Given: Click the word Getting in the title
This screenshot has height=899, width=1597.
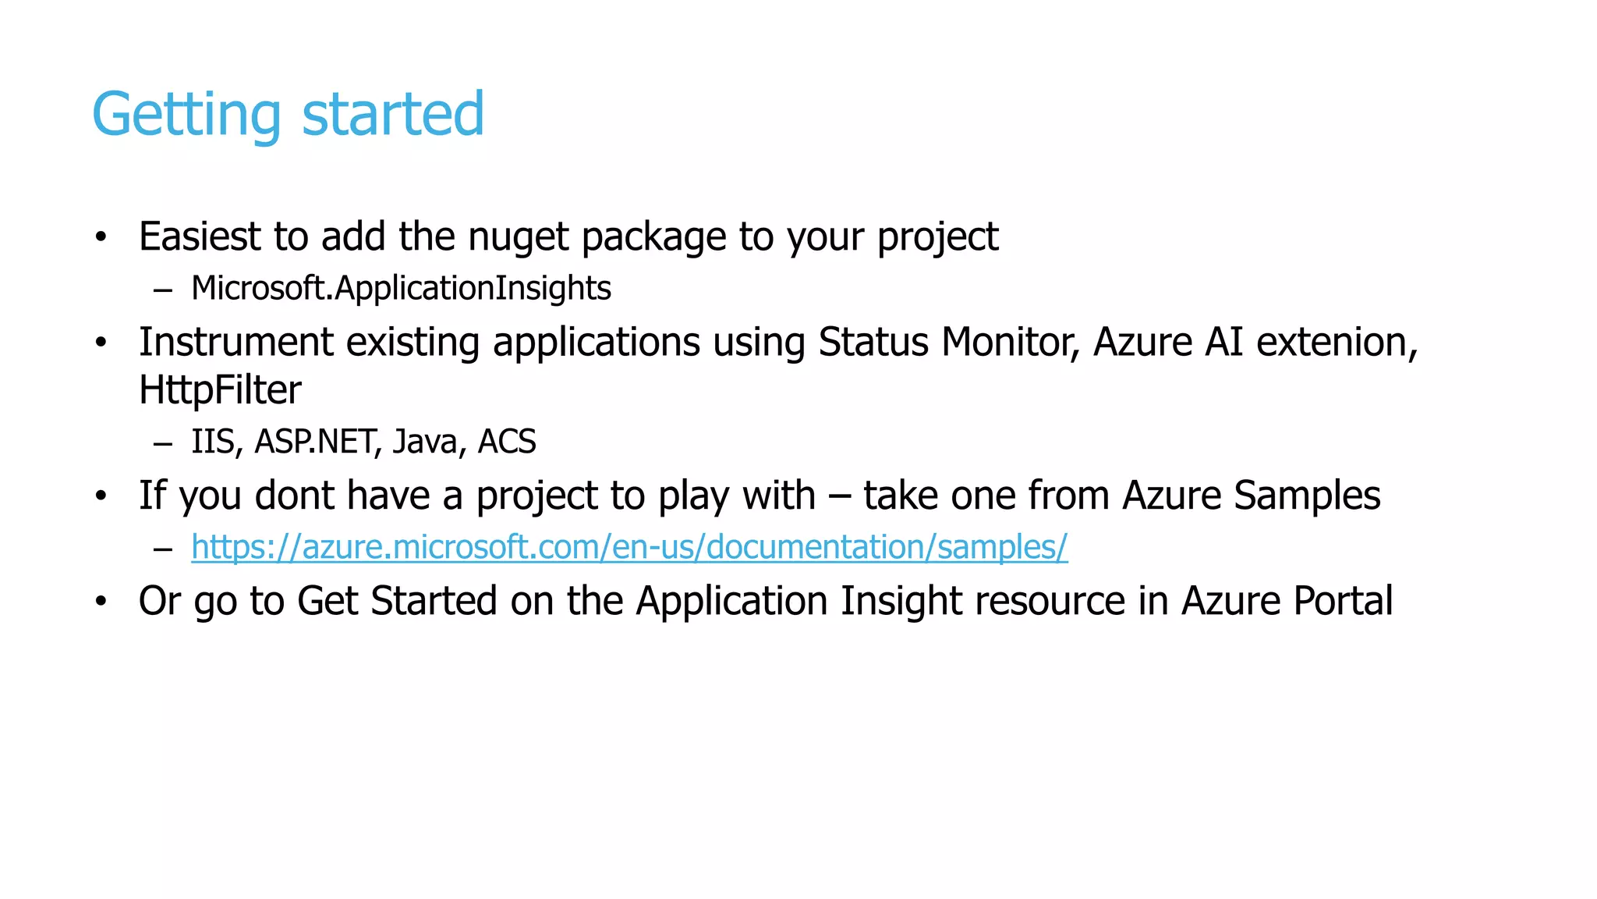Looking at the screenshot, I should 186,115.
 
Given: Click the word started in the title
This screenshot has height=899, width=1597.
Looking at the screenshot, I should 393,115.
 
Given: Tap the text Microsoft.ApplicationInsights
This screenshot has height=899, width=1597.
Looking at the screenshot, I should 401,288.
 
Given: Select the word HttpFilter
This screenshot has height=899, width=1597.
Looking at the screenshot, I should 220,389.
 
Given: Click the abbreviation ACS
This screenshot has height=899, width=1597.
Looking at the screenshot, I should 507,442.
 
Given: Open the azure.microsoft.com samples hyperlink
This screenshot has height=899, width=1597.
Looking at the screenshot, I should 629,547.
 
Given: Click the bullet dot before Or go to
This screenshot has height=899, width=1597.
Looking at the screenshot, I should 100,602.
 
